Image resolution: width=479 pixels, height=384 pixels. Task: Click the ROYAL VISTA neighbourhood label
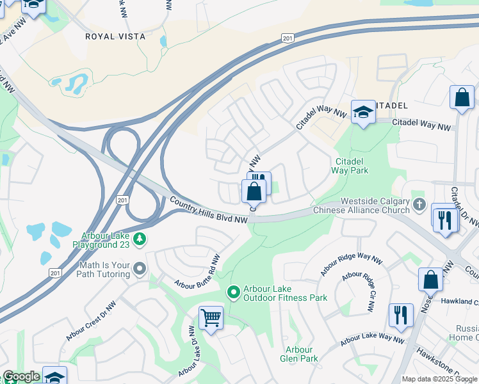tap(115, 36)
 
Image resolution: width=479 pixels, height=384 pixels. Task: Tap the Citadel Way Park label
tap(350, 166)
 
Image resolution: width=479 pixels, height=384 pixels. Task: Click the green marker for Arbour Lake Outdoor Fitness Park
tap(234, 292)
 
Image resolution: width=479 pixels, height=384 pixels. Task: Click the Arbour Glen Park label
tap(299, 354)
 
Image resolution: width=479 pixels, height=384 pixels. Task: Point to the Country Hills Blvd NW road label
tap(209, 211)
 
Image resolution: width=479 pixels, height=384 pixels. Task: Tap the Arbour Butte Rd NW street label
tap(198, 271)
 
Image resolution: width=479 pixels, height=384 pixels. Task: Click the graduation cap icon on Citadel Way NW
tap(363, 113)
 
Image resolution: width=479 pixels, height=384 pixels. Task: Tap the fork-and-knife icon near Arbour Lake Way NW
tap(401, 315)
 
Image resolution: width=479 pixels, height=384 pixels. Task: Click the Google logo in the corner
tap(21, 376)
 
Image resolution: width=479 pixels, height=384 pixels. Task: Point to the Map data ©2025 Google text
tap(440, 379)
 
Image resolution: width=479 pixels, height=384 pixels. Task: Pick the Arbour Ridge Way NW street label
tap(346, 264)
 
